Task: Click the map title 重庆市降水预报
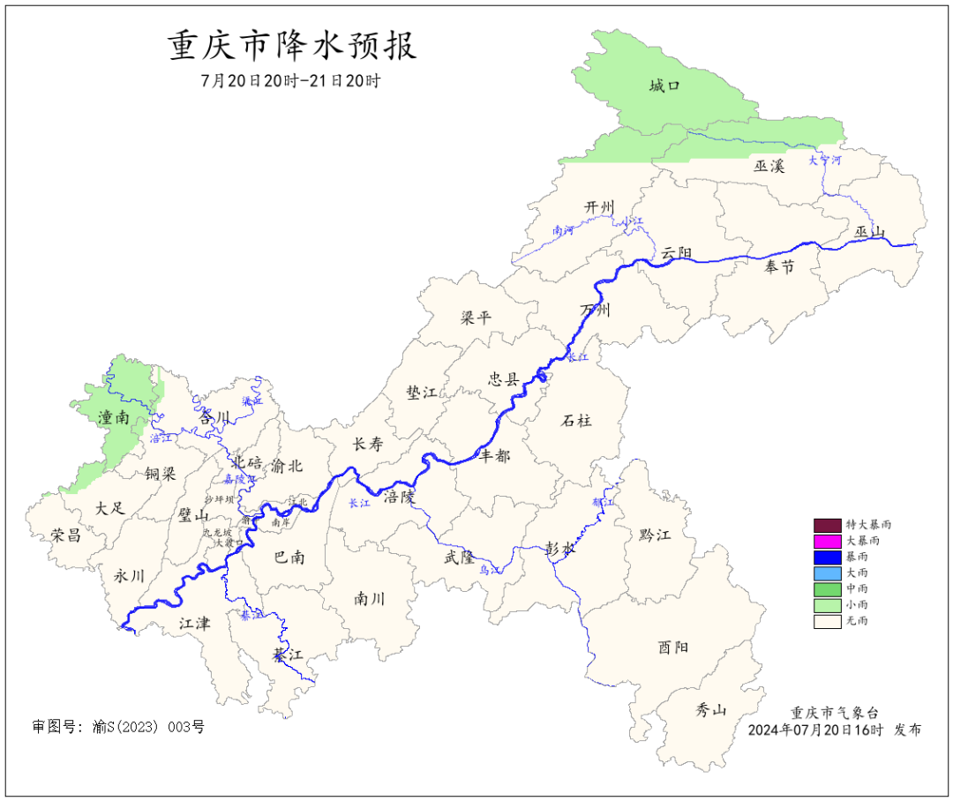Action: click(292, 46)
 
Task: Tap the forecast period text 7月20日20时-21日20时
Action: click(291, 81)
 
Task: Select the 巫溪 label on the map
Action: click(769, 166)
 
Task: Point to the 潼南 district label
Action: click(114, 417)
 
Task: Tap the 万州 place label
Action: click(596, 310)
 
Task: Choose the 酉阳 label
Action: click(672, 647)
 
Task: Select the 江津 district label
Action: click(195, 624)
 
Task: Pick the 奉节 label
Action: click(779, 267)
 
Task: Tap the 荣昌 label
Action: click(66, 535)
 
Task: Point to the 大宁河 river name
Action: click(825, 161)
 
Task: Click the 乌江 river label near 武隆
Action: click(491, 571)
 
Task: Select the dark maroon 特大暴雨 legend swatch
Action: click(827, 524)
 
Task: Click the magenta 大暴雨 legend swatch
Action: click(827, 540)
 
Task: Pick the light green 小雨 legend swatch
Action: click(827, 605)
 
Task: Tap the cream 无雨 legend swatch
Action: click(827, 621)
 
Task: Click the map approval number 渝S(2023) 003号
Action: click(147, 727)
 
